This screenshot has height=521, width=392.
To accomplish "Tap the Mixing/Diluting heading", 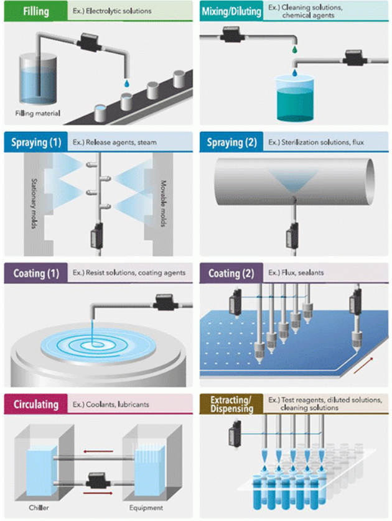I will (x=231, y=11).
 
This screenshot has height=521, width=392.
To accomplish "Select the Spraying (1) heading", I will (x=36, y=142).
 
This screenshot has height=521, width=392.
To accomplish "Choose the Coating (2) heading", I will (x=231, y=273).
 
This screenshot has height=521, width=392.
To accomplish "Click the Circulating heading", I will (x=35, y=404).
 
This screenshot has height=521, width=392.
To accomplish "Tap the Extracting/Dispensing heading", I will (x=231, y=404).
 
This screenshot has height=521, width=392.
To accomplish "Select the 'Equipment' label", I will (x=146, y=508).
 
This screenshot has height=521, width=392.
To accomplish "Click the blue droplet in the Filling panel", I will (x=126, y=82).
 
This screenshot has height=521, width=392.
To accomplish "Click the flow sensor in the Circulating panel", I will (x=97, y=481).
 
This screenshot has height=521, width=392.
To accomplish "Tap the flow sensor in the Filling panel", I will (x=87, y=42).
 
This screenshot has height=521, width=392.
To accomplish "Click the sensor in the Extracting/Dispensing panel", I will (x=236, y=430).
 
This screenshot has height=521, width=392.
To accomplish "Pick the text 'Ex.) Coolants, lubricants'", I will (x=111, y=404).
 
